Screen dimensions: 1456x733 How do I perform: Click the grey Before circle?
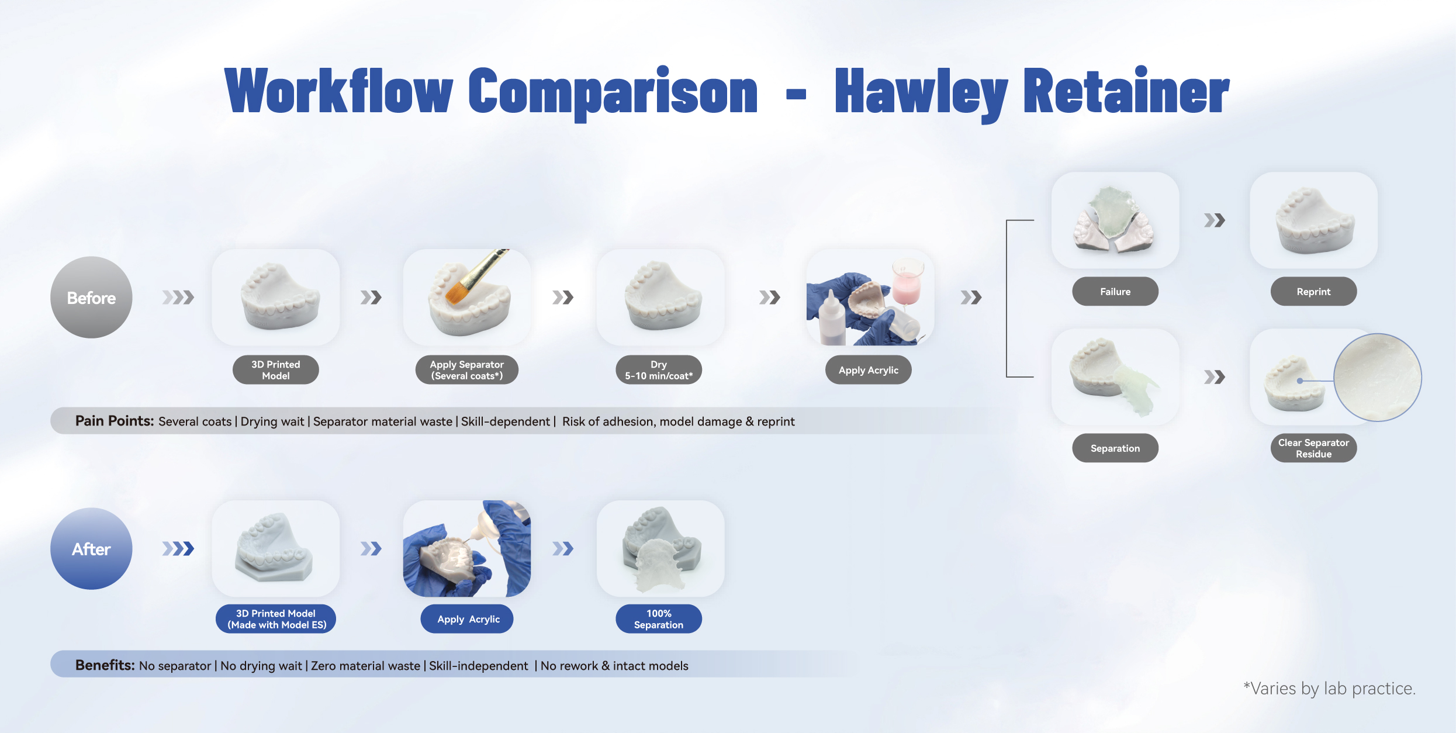click(x=91, y=298)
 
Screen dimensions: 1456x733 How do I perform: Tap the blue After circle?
click(x=91, y=549)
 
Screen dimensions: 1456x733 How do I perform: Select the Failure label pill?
click(x=1115, y=292)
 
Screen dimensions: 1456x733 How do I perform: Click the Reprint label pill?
click(x=1313, y=292)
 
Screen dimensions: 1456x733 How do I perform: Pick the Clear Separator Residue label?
click(x=1313, y=448)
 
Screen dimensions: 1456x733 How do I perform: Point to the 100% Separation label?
click(x=659, y=619)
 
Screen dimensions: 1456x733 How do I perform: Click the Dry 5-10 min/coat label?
click(x=659, y=370)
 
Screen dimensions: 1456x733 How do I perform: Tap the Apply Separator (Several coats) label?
click(x=467, y=370)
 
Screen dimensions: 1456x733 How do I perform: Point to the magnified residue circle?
click(x=1378, y=378)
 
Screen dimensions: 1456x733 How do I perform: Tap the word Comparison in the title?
click(x=613, y=92)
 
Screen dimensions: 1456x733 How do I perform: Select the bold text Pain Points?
click(x=115, y=421)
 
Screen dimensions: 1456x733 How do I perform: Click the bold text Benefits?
click(x=105, y=665)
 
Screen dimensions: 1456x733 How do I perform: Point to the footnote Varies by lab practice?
click(x=1329, y=689)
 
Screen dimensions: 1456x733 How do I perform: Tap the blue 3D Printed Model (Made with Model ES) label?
click(x=276, y=619)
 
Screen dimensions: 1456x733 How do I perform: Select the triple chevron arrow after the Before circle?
click(x=178, y=298)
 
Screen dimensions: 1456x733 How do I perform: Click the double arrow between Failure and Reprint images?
click(x=1215, y=220)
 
